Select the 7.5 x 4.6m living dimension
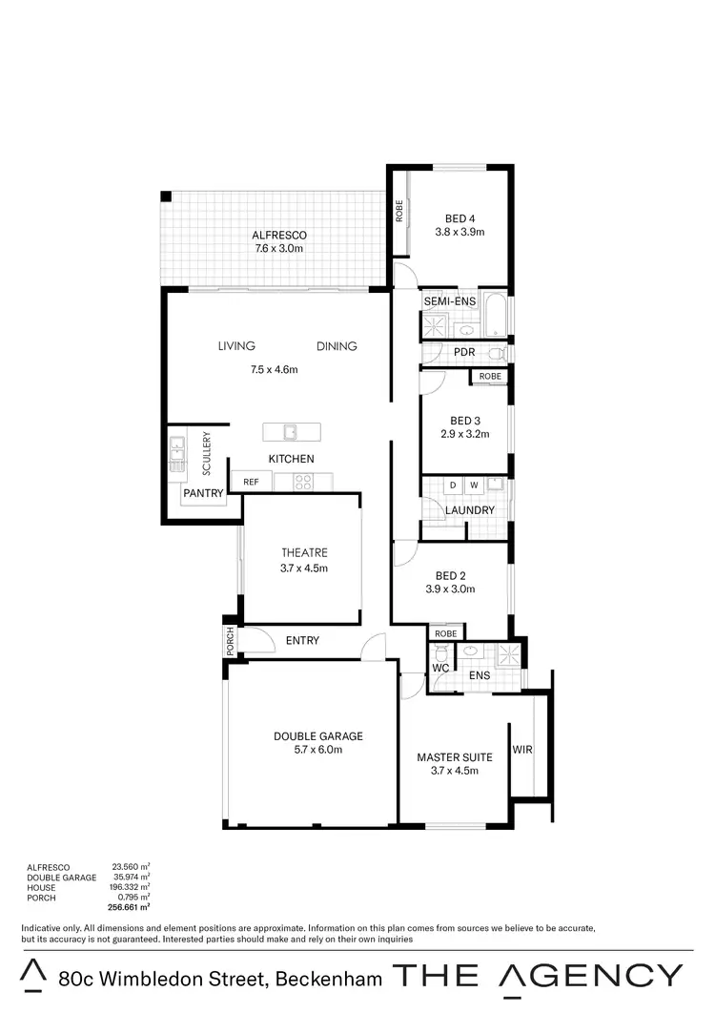pos(274,369)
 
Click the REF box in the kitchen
pos(251,483)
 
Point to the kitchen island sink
pos(289,432)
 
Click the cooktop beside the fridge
pos(303,483)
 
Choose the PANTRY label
pos(203,493)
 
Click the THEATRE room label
pos(304,553)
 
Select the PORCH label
pos(230,642)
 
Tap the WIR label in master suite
pos(522,751)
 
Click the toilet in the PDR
pos(495,353)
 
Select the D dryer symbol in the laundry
pos(453,486)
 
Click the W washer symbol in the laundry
pos(473,486)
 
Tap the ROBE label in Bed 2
pos(445,633)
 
